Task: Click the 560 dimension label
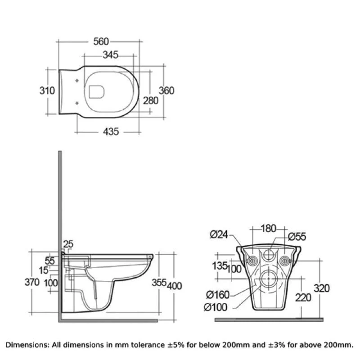(101, 41)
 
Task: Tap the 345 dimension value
(110, 55)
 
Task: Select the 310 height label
(47, 91)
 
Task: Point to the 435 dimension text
(111, 132)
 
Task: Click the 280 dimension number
(151, 101)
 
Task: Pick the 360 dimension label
(166, 91)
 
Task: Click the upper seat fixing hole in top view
(77, 81)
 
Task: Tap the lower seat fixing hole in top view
(77, 103)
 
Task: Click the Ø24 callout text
(219, 234)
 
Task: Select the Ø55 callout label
(297, 237)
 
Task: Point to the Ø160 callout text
(218, 295)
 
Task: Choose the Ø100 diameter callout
(216, 307)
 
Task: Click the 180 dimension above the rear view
(268, 229)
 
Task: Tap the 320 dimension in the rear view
(322, 288)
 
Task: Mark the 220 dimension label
(303, 298)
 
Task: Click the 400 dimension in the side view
(174, 286)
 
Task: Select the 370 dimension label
(32, 282)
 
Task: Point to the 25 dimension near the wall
(68, 244)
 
